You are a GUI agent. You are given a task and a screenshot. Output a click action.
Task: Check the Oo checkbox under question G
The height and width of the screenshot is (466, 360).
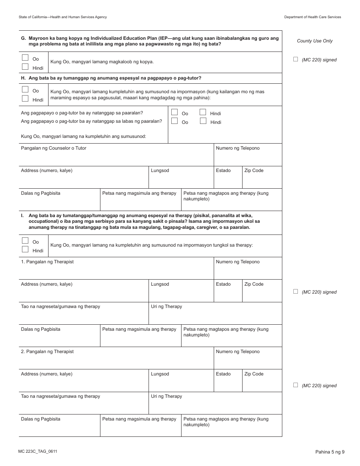coord(25,58)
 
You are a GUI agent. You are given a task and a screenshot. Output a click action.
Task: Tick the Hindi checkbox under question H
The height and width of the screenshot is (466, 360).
coord(25,99)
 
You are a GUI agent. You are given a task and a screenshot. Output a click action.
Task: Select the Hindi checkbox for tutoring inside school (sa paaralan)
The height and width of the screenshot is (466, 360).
coord(203,112)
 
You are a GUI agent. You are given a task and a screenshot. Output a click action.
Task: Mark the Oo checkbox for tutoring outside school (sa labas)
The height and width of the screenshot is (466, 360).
coord(174,121)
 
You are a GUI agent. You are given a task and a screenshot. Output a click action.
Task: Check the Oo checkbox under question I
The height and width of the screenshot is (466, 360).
coord(25,241)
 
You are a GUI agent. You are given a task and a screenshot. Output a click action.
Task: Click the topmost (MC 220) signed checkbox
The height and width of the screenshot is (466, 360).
coord(296,59)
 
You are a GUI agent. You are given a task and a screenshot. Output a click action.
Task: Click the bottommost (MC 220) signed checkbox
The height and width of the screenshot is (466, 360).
coord(296,385)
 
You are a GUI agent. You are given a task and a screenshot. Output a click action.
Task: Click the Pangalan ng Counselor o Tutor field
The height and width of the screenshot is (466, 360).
coord(116,157)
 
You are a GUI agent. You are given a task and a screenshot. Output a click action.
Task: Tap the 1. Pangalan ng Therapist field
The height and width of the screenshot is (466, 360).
coord(116,271)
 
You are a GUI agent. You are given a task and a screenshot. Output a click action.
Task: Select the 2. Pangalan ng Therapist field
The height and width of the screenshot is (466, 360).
coord(116,361)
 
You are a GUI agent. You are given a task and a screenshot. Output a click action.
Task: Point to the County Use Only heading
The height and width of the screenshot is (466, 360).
coord(315,41)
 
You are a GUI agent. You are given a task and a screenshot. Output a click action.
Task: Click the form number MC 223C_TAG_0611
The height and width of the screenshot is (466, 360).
coord(38,452)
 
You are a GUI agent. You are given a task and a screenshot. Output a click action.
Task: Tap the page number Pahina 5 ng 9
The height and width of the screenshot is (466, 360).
coord(329,452)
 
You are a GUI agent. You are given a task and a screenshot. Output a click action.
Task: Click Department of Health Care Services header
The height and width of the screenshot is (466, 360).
coord(312,17)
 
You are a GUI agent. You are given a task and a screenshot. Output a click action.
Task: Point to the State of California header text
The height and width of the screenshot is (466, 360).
coord(63,17)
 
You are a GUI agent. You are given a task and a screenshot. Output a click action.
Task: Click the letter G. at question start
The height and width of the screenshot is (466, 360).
coord(23,38)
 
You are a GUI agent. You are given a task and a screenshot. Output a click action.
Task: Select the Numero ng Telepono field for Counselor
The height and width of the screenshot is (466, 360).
coord(248,157)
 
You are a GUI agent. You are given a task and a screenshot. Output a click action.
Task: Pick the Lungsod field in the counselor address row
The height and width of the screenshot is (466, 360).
coord(181,180)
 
